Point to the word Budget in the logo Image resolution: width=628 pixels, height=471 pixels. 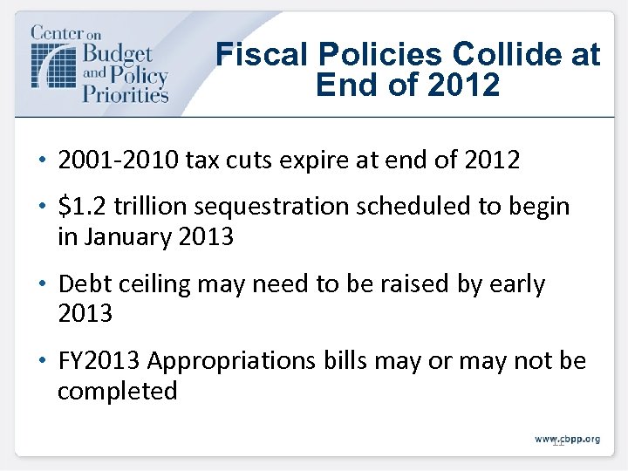(117, 54)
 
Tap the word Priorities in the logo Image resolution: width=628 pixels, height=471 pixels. (125, 92)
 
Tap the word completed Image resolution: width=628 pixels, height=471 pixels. (117, 391)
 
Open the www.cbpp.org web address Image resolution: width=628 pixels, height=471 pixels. (567, 439)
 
